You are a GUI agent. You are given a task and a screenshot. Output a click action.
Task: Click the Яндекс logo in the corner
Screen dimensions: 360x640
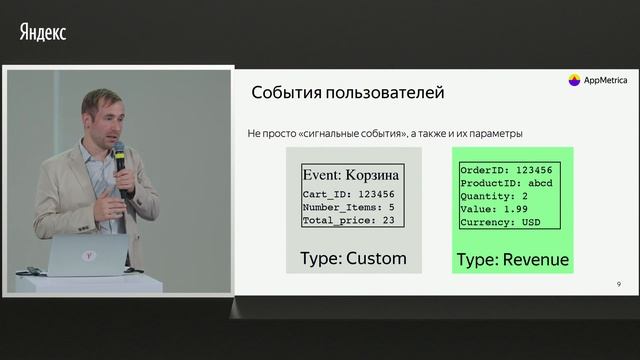pos(43,32)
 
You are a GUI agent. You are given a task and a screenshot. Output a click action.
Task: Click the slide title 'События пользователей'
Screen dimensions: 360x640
pos(347,93)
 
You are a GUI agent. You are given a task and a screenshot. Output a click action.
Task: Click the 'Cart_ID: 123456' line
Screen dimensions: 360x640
pos(349,195)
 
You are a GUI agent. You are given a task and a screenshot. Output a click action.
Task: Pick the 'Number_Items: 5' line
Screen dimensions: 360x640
pos(349,207)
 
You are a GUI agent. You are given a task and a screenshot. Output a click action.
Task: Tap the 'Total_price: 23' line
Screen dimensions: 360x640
pos(349,220)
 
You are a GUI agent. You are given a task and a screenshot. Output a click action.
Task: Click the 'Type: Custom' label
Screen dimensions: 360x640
pos(353,258)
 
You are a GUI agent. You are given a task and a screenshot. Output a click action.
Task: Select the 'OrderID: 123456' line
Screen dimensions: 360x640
pos(506,170)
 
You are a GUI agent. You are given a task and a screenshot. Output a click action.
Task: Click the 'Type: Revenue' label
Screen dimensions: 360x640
pos(512,260)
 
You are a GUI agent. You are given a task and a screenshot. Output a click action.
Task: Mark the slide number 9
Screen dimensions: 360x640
pos(619,285)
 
